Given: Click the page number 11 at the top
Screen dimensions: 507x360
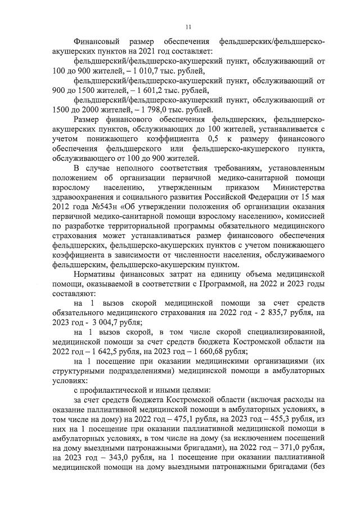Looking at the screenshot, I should click(x=188, y=25).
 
